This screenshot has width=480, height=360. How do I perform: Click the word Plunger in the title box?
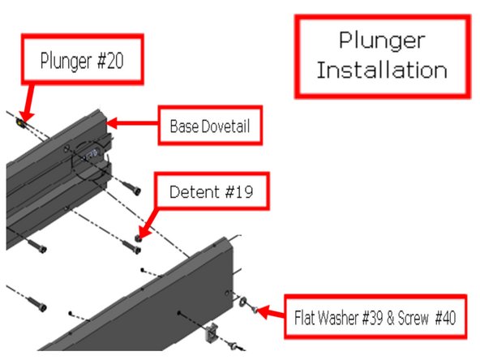click(x=381, y=41)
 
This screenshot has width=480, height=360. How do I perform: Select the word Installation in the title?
click(x=381, y=70)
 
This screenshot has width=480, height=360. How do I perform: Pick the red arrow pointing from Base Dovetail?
click(x=133, y=124)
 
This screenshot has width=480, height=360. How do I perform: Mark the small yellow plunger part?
click(x=20, y=122)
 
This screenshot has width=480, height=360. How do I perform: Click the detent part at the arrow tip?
click(x=139, y=238)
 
